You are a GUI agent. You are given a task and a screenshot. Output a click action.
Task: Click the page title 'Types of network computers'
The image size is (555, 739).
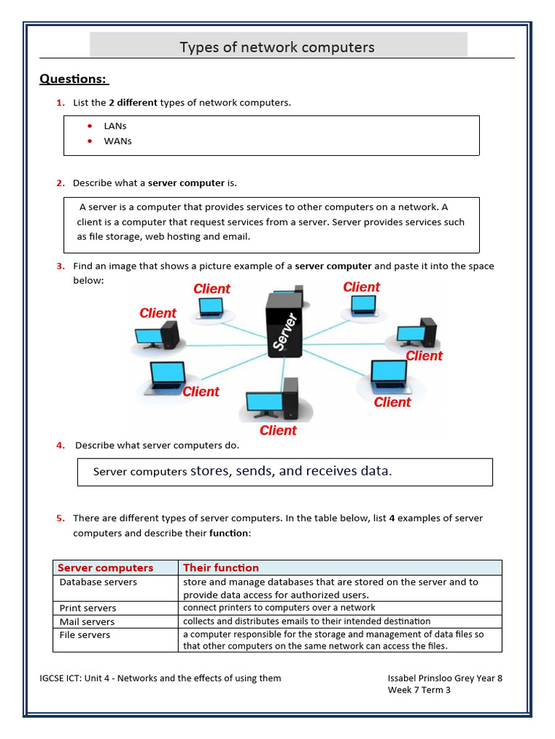(277, 48)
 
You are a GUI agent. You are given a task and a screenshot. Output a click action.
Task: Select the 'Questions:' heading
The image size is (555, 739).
(73, 79)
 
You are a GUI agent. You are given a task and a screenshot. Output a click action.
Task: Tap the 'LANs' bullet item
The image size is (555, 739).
(115, 126)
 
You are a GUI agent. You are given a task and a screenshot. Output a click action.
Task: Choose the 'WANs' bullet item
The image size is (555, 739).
(118, 141)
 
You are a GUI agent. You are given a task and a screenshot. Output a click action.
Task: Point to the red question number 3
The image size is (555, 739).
(61, 266)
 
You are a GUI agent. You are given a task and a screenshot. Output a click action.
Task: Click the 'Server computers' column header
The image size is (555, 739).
(106, 568)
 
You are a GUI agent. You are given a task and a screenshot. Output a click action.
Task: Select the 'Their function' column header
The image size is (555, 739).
(221, 568)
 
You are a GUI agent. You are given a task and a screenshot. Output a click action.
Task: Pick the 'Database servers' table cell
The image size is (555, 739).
(98, 582)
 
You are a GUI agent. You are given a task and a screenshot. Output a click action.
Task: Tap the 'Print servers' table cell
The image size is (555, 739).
(87, 608)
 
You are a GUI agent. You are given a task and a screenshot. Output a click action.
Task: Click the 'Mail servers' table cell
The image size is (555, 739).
(87, 621)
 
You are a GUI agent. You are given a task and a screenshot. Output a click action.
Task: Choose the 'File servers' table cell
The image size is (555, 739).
(85, 635)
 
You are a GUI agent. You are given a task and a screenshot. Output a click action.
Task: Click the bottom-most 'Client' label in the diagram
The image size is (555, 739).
(277, 431)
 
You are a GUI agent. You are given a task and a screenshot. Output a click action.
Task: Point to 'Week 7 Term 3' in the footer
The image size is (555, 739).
(419, 690)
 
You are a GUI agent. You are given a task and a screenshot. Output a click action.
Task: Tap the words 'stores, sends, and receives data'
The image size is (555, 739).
(291, 471)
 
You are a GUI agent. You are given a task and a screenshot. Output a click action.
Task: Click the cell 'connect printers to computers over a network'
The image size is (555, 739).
(279, 608)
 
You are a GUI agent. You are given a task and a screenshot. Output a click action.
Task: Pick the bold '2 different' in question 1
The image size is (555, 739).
(133, 102)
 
